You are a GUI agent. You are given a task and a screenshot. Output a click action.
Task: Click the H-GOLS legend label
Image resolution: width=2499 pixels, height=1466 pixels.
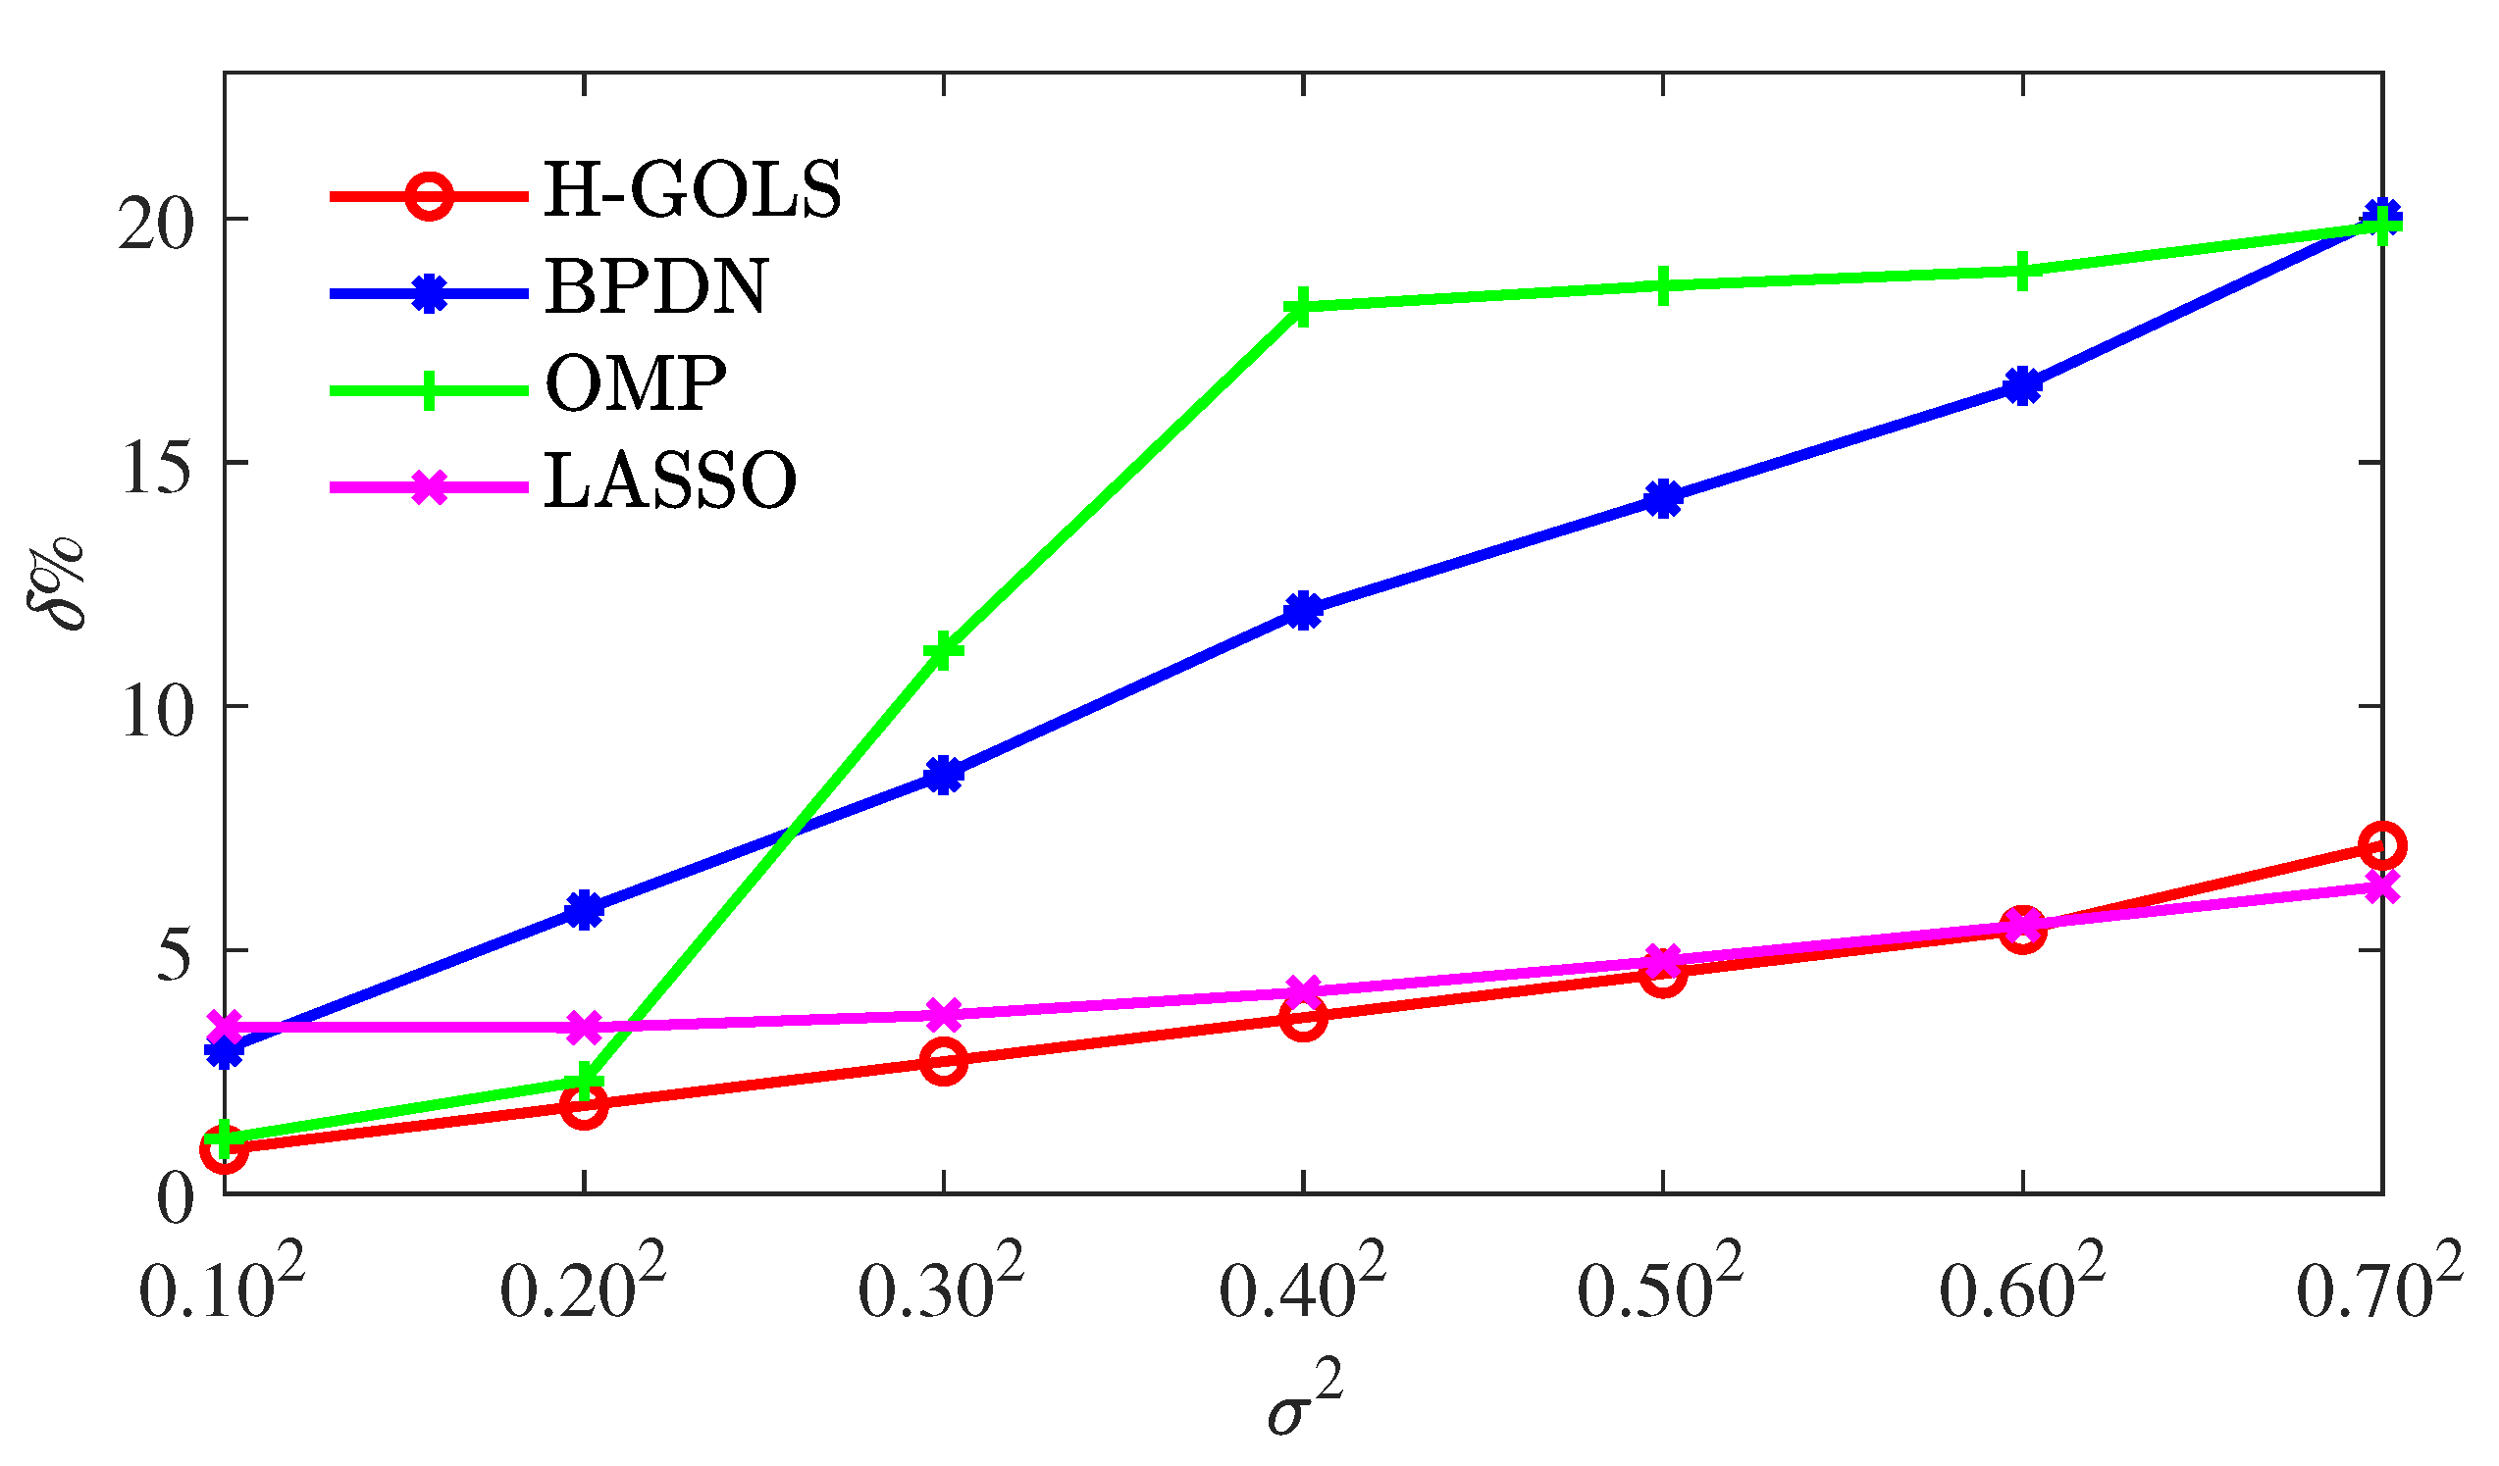pyautogui.click(x=692, y=190)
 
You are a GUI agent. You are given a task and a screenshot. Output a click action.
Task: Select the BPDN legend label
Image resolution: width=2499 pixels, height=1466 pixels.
pyautogui.click(x=655, y=287)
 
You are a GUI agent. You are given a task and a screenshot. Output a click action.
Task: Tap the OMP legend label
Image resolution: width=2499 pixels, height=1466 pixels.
pyautogui.click(x=636, y=383)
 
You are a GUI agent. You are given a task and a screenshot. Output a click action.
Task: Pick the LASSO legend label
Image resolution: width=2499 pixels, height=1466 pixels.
pyautogui.click(x=670, y=480)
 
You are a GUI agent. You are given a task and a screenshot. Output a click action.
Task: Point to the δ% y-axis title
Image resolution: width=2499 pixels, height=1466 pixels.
pyautogui.click(x=56, y=582)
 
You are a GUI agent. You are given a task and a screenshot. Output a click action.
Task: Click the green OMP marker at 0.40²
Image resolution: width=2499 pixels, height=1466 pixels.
pyautogui.click(x=1302, y=307)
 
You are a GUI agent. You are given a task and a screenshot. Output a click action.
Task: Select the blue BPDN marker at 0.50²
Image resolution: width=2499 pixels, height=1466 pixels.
pyautogui.click(x=1663, y=498)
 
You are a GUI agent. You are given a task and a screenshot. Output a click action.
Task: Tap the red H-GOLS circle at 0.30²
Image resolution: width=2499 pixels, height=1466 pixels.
pyautogui.click(x=943, y=1062)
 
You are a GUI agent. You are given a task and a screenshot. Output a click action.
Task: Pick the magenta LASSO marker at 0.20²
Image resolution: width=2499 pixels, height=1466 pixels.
pyautogui.click(x=584, y=1028)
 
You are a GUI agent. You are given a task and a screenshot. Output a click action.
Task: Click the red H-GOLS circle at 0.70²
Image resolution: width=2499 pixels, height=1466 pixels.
pyautogui.click(x=2382, y=845)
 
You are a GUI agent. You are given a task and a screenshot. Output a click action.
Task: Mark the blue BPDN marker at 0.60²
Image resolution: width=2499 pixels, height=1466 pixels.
pyautogui.click(x=2023, y=385)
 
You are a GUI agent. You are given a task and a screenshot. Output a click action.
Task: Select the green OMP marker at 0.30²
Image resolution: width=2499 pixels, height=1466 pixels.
pyautogui.click(x=943, y=651)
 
